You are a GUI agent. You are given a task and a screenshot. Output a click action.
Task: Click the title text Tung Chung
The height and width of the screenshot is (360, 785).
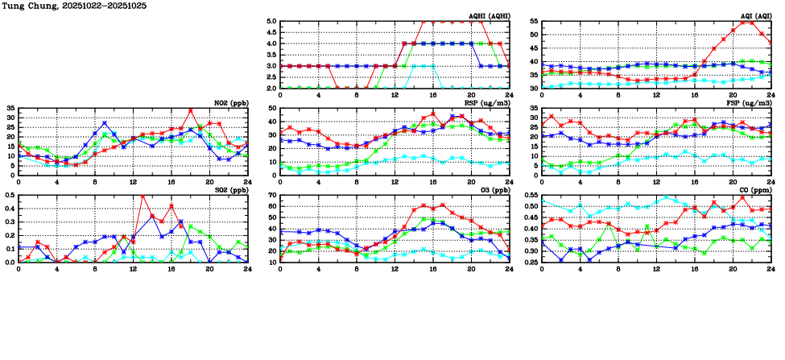24,5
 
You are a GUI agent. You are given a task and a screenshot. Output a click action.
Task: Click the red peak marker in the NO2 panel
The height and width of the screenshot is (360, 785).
191,110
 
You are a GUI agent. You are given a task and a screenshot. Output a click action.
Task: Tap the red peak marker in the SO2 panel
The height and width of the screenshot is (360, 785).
143,197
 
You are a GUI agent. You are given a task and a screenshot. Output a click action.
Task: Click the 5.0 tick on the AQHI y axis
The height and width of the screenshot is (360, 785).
271,22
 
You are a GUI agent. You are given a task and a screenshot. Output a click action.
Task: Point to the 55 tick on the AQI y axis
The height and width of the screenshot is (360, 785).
533,22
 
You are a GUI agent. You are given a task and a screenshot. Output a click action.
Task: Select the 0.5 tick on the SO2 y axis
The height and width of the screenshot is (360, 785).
9,196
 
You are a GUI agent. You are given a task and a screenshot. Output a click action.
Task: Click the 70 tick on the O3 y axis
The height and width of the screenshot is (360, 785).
271,196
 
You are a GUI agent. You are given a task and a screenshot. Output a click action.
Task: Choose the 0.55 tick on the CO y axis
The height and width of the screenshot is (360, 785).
530,196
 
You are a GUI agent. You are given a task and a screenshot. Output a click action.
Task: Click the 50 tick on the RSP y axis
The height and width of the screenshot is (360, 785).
271,109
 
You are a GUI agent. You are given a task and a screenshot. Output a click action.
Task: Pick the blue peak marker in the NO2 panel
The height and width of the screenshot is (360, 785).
105,123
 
